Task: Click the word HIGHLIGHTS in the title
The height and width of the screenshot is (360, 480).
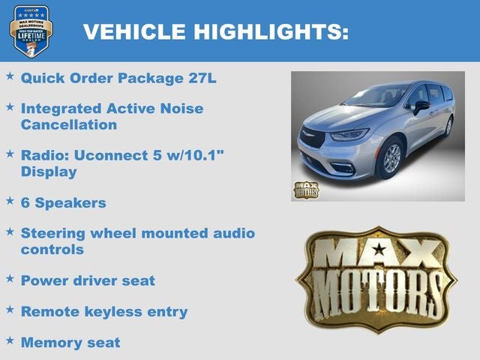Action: pyautogui.click(x=271, y=31)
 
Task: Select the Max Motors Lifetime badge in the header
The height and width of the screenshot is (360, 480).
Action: pyautogui.click(x=31, y=31)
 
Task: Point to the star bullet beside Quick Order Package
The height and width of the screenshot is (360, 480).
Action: pyautogui.click(x=10, y=76)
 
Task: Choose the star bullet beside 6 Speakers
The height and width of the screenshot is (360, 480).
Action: pyautogui.click(x=10, y=202)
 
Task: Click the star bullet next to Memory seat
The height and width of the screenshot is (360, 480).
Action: pyautogui.click(x=10, y=341)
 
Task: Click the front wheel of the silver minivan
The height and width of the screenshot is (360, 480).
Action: pyautogui.click(x=391, y=159)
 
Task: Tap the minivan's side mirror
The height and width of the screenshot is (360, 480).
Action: pyautogui.click(x=421, y=106)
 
